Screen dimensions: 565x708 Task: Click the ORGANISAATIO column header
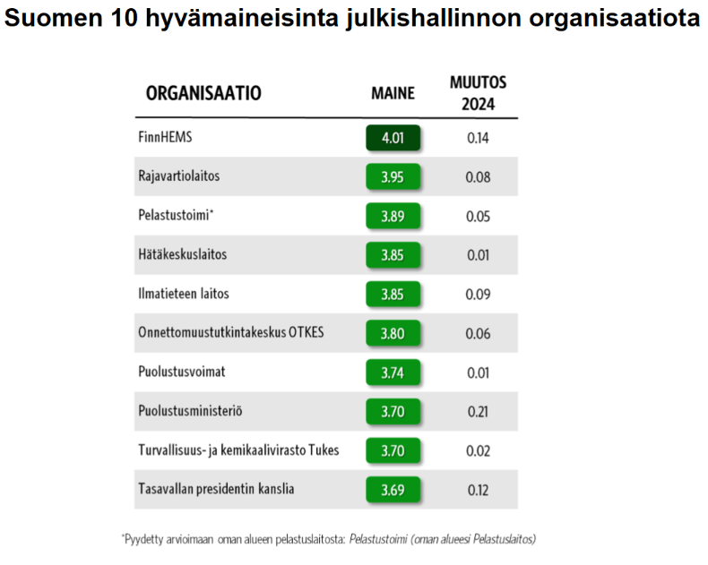203,93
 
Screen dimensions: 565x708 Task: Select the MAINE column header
393,93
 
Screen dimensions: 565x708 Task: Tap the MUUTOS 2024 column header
478,93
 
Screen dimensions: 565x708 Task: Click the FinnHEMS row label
165,138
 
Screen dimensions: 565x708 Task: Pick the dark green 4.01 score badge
393,139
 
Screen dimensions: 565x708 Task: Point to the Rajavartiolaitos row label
178,176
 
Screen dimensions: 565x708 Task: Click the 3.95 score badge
393,177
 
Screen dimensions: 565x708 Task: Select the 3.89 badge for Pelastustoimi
393,216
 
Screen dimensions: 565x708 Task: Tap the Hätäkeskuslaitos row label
182,254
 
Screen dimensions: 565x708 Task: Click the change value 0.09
478,294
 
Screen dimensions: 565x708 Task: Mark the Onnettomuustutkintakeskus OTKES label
230,332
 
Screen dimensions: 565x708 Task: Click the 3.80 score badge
393,333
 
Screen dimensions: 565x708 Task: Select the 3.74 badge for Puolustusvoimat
393,372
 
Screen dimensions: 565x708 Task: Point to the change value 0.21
478,411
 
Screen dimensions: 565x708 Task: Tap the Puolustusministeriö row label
190,411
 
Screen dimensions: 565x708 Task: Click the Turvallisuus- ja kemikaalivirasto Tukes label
238,450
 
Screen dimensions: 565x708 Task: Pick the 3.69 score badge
393,490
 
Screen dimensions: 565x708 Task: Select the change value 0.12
478,490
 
